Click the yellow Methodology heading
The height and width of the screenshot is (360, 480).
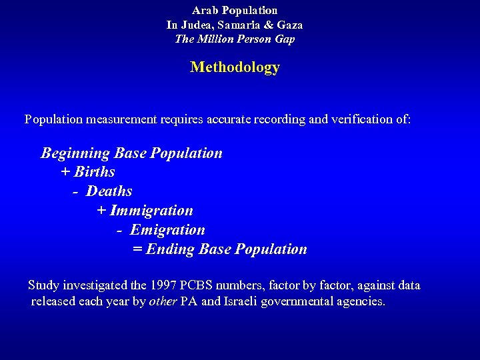point(235,67)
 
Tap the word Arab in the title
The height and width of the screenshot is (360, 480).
point(204,11)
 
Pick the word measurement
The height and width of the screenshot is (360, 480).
point(121,119)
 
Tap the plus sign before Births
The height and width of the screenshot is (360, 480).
point(65,172)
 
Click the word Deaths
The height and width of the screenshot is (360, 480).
point(109,191)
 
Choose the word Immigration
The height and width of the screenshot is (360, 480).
point(151,211)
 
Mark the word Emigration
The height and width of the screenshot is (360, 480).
point(167,230)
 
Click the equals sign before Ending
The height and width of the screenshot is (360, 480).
point(137,249)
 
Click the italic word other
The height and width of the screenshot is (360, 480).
point(163,301)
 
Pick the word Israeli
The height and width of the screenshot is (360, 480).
point(245,301)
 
